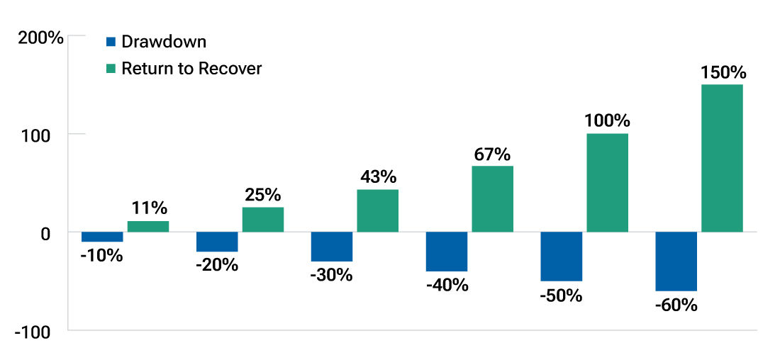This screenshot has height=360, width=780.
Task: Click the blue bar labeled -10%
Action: pos(102,237)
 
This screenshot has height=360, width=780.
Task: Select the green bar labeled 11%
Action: pos(148,227)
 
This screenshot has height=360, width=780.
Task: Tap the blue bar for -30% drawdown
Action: pos(332,247)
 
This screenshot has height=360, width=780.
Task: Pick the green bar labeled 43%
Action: pos(377,210)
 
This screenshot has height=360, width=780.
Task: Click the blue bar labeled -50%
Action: pos(561,257)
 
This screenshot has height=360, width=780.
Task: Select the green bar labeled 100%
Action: pos(607,183)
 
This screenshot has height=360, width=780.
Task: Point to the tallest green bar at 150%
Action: pos(722,158)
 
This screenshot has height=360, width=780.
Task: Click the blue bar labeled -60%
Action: pos(676,261)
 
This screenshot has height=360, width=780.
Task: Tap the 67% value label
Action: pos(492,154)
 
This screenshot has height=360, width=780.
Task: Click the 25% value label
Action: pos(262,194)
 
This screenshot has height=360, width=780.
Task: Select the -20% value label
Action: pos(217,266)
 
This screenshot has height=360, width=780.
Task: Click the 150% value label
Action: pos(723,72)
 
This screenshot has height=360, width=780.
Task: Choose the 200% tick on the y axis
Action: pos(40,38)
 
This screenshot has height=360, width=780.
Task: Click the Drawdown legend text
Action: pos(164,42)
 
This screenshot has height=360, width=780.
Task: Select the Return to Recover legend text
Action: pos(191,69)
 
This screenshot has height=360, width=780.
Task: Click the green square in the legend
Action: pos(111,69)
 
